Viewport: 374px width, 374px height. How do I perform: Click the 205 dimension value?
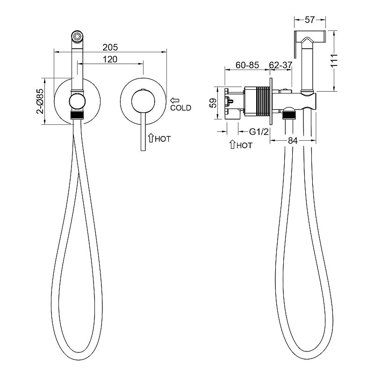click(x=110, y=48)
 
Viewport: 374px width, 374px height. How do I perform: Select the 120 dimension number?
click(x=110, y=59)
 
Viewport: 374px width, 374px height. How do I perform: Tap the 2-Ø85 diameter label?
click(x=40, y=101)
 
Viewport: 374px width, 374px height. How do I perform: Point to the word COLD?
click(x=180, y=108)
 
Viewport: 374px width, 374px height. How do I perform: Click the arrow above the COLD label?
click(x=174, y=101)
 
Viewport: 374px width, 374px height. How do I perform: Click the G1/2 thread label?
click(x=259, y=131)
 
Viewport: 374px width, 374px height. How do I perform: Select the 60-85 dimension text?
click(x=247, y=65)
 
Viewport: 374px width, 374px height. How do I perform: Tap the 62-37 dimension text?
click(x=281, y=65)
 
